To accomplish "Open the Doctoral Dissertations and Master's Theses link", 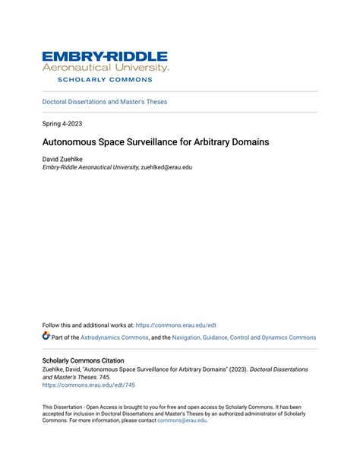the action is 105,102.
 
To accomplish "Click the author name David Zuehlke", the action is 63,159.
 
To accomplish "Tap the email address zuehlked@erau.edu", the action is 166,167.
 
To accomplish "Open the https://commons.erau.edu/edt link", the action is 176,325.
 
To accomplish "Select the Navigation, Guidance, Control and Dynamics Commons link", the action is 244,338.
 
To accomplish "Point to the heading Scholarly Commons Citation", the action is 83,360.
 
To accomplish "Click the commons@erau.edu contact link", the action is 182,420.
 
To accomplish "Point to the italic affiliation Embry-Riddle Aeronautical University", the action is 90,167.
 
